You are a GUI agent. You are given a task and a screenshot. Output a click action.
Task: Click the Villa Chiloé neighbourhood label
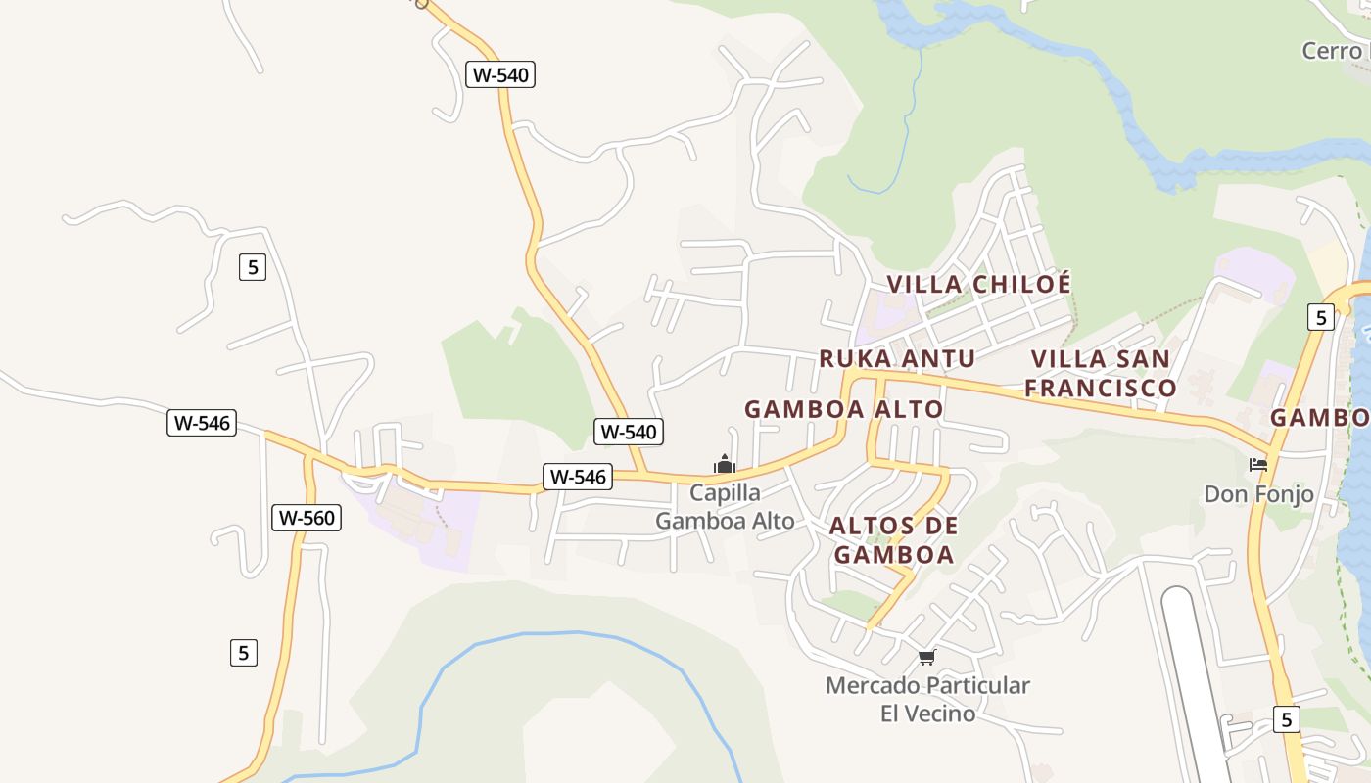[x=978, y=284]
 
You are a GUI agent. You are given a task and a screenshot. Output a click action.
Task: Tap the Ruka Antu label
[x=896, y=358]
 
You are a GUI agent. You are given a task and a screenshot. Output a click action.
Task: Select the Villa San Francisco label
[x=1100, y=373]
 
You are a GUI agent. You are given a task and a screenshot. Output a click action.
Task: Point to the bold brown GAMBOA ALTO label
[x=843, y=409]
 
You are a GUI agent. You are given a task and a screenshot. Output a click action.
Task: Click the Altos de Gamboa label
[x=893, y=540]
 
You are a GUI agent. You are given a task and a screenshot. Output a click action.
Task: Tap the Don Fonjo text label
[x=1258, y=494]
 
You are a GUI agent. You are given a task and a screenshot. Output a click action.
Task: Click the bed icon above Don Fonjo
[x=1258, y=464]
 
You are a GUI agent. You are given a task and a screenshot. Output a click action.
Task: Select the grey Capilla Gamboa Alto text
[x=725, y=507]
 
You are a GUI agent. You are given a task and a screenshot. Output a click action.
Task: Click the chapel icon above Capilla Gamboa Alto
[x=725, y=464]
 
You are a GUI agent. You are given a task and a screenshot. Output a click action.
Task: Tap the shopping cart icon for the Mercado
[x=926, y=657]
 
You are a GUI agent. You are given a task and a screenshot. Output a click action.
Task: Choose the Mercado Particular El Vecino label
[x=927, y=699]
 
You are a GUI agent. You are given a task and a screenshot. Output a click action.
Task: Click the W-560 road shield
[x=307, y=518]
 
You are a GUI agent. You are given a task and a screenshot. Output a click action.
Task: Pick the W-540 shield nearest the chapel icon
[x=629, y=431]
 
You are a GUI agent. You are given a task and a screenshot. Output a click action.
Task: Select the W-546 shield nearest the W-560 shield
[x=202, y=423]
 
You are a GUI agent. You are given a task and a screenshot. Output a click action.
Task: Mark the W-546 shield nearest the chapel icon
[x=578, y=477]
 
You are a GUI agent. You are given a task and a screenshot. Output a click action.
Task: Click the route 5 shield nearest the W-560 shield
[x=244, y=652]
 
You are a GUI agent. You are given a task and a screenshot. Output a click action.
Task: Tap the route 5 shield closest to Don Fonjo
[x=1320, y=317]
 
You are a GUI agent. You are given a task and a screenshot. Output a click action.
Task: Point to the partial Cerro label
[x=1335, y=51]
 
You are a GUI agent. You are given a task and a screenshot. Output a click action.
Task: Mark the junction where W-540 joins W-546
[x=643, y=476]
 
